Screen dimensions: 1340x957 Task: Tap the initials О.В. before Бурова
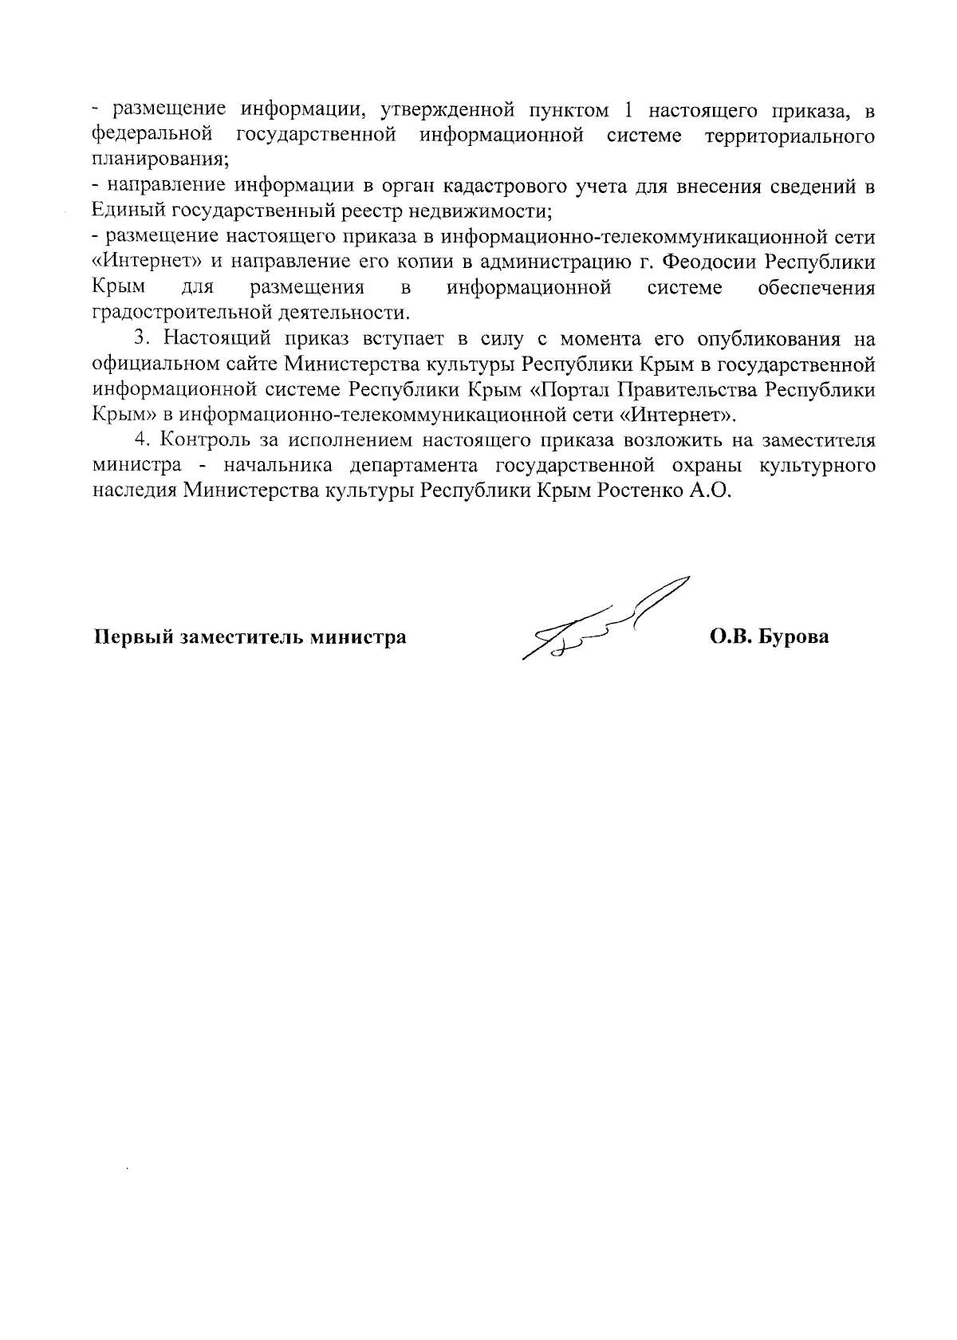coord(730,637)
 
